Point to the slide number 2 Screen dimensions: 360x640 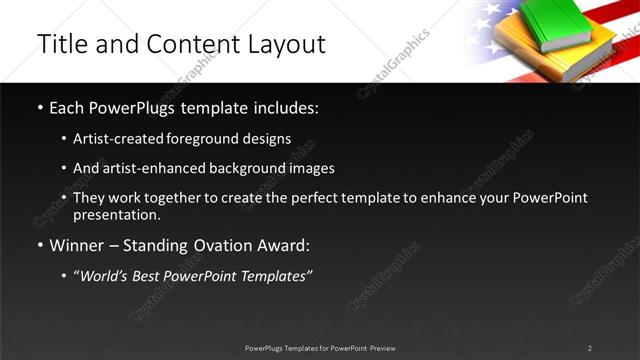[590, 348]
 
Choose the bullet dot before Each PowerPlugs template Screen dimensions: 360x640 [40, 107]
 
